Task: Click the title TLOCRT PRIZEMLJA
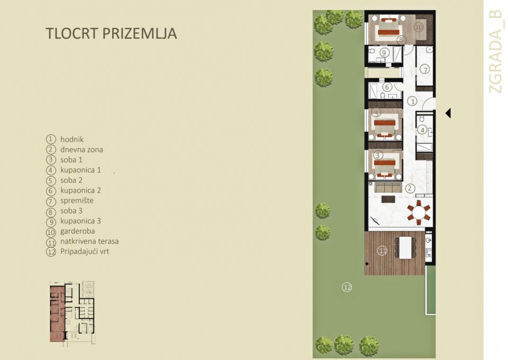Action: [x=111, y=33]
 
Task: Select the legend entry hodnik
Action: [x=72, y=139]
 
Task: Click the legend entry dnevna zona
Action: [x=81, y=149]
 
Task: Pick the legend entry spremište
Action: [x=77, y=201]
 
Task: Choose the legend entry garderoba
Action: [x=78, y=231]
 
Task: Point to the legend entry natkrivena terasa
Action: [x=89, y=241]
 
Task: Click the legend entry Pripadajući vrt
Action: [x=85, y=251]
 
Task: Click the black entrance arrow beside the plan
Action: [x=448, y=113]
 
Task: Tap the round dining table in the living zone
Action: [x=419, y=213]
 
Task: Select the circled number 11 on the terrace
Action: [x=382, y=251]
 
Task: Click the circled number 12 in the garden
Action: [x=347, y=287]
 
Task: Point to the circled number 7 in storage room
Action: [x=425, y=69]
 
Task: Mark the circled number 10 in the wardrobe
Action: [x=419, y=26]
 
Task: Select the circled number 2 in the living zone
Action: [x=409, y=187]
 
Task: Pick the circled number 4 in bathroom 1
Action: [x=422, y=129]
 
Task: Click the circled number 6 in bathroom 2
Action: [x=387, y=87]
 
